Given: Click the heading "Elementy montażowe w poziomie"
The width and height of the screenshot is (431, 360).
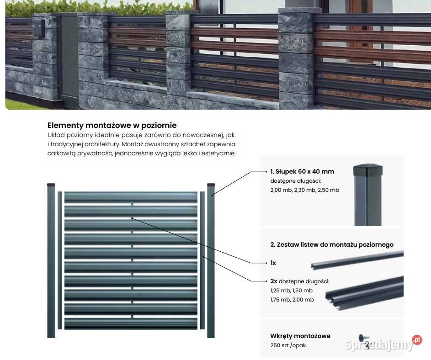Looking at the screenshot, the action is click(112, 125).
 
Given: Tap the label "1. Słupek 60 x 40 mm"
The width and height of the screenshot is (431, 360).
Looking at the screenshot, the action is click(302, 171).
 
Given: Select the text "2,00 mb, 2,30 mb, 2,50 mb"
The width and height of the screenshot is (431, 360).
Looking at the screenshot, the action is click(304, 190).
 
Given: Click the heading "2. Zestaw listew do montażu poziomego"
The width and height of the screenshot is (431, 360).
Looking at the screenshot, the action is click(332, 244).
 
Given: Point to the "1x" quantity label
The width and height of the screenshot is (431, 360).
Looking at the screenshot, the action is click(273, 263).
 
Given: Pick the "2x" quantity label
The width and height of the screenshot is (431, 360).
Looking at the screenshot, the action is click(273, 281).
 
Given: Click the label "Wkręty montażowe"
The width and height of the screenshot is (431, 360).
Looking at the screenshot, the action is click(300, 336).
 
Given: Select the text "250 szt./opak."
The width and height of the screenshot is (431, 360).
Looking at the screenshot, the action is click(288, 345).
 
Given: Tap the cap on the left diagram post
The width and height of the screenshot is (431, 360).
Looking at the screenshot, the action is click(51, 185).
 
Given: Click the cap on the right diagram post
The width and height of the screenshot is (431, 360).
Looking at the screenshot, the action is click(211, 185).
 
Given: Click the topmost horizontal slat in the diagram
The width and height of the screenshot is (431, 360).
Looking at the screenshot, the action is click(131, 197).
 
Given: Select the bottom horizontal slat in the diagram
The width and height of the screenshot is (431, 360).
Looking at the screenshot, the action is click(131, 323).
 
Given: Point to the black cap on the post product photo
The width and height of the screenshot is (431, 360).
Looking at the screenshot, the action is click(367, 170).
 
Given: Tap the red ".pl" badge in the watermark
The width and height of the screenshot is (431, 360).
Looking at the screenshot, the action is click(417, 339).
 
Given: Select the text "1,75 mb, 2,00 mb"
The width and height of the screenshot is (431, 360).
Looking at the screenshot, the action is click(292, 300).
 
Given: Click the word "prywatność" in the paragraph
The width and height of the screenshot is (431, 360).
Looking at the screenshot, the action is click(94, 154).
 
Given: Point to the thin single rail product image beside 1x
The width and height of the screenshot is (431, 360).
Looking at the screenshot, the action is click(357, 260).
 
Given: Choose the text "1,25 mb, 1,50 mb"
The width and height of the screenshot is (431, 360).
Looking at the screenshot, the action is click(291, 291).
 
